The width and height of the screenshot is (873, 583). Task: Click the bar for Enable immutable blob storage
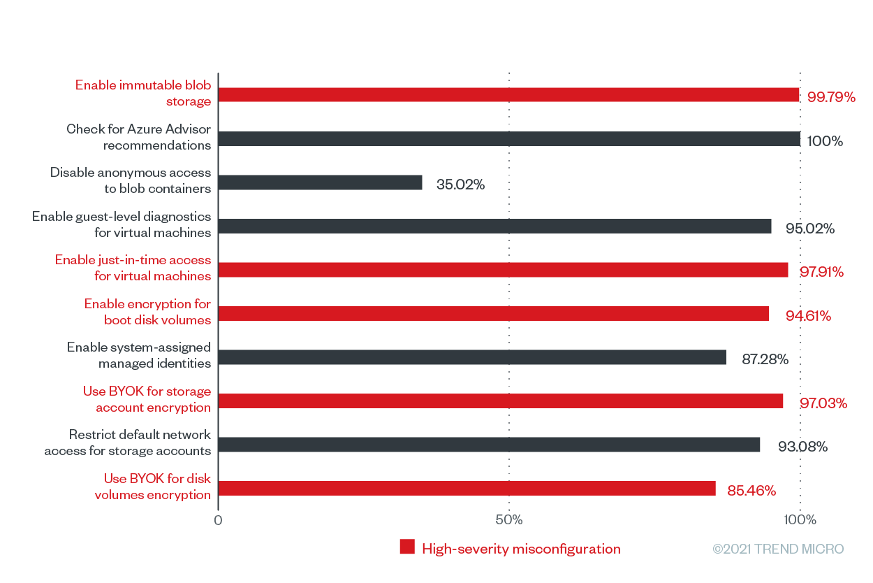pyautogui.click(x=508, y=95)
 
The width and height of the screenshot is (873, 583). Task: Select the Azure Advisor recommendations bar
pyautogui.click(x=509, y=138)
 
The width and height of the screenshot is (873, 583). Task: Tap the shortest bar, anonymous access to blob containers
pyautogui.click(x=321, y=182)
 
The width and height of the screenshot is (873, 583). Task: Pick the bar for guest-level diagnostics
pyautogui.click(x=495, y=226)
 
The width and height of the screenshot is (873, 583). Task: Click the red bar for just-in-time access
pyautogui.click(x=504, y=270)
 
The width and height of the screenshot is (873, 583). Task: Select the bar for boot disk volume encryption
pyautogui.click(x=494, y=314)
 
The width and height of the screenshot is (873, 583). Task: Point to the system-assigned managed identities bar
pyautogui.click(x=472, y=357)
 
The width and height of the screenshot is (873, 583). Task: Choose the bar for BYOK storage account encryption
pyautogui.click(x=501, y=401)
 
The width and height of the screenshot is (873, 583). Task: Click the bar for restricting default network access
pyautogui.click(x=490, y=445)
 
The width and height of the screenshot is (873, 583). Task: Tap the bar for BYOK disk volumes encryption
pyautogui.click(x=467, y=489)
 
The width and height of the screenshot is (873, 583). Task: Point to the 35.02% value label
pyautogui.click(x=460, y=185)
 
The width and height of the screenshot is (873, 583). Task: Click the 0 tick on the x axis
pyautogui.click(x=218, y=520)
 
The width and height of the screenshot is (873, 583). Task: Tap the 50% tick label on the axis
pyautogui.click(x=509, y=520)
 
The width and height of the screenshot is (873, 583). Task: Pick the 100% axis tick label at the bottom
pyautogui.click(x=800, y=520)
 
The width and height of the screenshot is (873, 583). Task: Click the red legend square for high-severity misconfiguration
pyautogui.click(x=407, y=547)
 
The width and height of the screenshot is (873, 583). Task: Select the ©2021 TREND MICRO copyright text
pyautogui.click(x=778, y=549)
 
